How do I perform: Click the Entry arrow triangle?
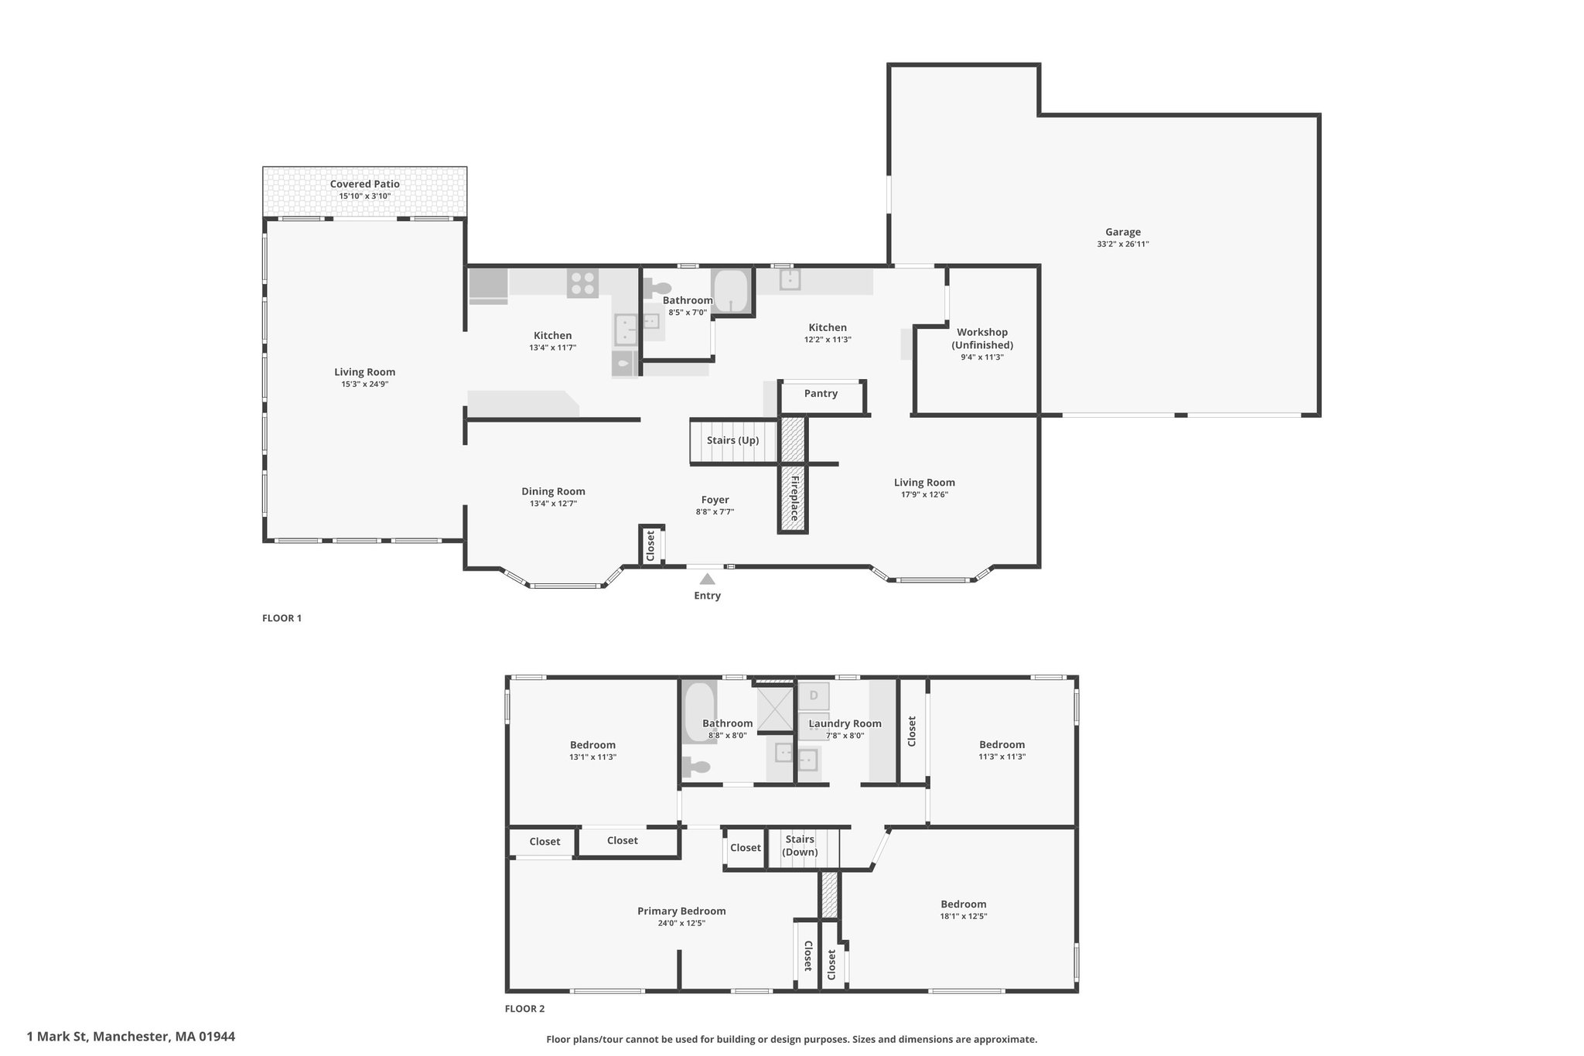pos(707,579)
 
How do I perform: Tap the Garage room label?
pos(1122,232)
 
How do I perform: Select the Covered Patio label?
pos(365,184)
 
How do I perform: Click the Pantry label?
pos(821,394)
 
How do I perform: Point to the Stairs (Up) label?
pos(732,440)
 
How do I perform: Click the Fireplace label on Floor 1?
pos(794,497)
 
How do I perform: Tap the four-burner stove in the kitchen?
pos(582,283)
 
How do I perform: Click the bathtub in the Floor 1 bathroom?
pos(730,291)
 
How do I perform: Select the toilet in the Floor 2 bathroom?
pos(696,767)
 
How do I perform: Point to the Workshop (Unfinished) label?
pos(981,339)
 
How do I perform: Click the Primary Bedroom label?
pos(681,911)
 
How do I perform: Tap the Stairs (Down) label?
pos(800,846)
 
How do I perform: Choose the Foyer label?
pos(715,500)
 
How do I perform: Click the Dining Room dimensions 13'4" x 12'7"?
pos(553,504)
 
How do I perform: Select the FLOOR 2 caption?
pos(524,1009)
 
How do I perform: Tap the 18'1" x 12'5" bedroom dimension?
pos(964,916)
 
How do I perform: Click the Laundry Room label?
pos(845,724)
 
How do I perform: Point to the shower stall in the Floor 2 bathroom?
pos(776,709)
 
